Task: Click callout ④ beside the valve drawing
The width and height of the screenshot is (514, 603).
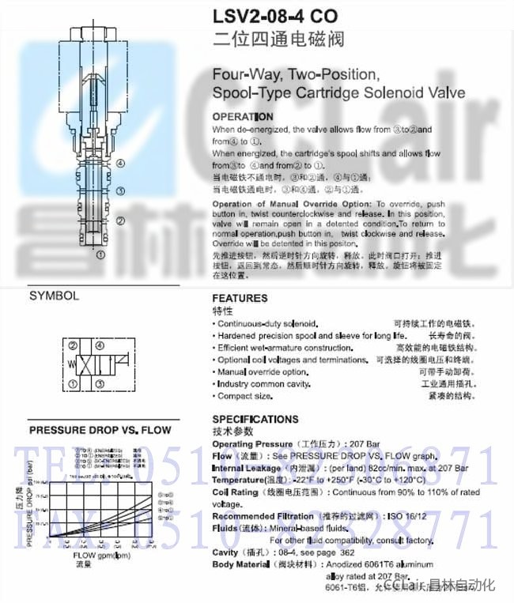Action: pos(120,164)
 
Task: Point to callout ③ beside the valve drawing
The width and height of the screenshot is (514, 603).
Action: pos(120,190)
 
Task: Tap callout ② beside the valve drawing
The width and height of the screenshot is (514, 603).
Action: pos(120,220)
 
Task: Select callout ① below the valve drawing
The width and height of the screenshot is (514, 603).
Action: pos(100,254)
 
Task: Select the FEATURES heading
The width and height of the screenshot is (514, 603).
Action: pos(240,299)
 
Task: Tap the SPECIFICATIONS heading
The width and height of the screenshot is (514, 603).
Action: pos(255,420)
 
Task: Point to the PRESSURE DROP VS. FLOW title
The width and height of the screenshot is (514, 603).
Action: pos(100,431)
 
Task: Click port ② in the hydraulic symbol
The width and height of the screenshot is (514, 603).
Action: pos(73,346)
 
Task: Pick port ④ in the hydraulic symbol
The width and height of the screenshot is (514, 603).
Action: pos(99,346)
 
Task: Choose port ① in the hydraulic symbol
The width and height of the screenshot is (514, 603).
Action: pos(73,384)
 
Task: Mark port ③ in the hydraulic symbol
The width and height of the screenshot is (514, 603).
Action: pos(99,384)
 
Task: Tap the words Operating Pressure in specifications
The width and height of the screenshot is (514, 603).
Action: pos(247,444)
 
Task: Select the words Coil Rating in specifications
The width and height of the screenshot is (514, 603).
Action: pos(236,492)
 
